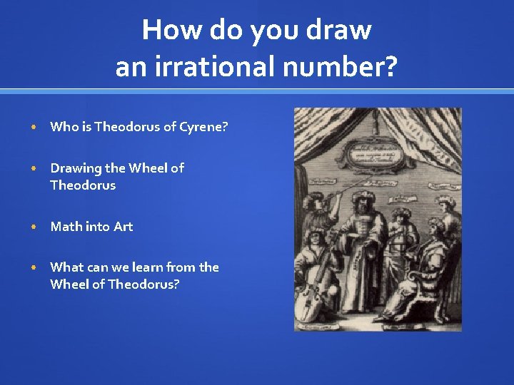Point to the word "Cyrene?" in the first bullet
[203, 128]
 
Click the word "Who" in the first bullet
[64, 127]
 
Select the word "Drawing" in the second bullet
[76, 168]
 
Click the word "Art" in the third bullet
[124, 227]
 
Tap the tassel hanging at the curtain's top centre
[373, 127]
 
